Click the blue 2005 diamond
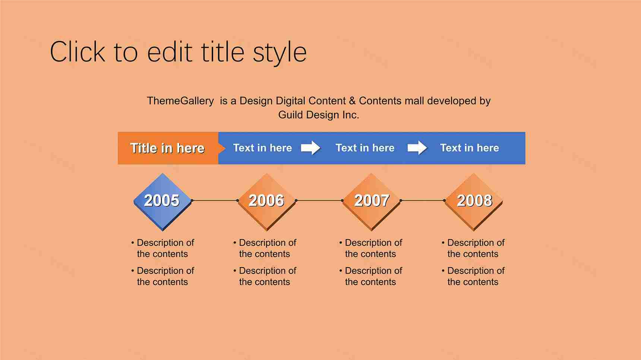click(162, 202)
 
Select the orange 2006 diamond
click(267, 202)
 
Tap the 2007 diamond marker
click(372, 202)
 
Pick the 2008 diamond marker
click(474, 202)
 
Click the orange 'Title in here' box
click(168, 148)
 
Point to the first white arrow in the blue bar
click(311, 148)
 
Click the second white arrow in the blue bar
click(417, 148)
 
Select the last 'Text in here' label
click(470, 148)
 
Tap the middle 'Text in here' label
click(365, 148)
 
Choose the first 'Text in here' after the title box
click(262, 148)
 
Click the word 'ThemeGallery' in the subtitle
click(180, 101)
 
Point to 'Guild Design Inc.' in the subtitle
click(319, 115)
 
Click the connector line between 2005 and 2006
click(215, 200)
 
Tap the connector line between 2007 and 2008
click(423, 200)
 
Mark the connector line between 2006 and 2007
click(319, 200)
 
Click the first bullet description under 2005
click(162, 248)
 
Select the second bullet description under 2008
click(473, 276)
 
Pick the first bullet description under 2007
click(370, 248)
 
